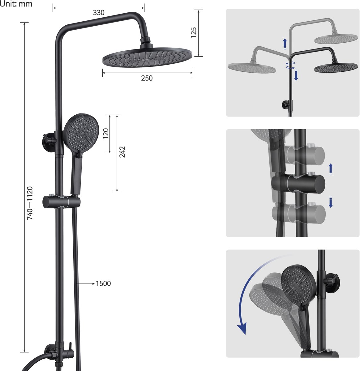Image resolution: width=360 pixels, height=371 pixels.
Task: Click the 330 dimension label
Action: (x=99, y=13)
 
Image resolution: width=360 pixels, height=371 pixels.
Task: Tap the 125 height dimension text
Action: (x=194, y=32)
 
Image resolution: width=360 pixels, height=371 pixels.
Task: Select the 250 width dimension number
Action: (x=147, y=78)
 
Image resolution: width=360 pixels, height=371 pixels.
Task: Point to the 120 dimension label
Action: (x=106, y=134)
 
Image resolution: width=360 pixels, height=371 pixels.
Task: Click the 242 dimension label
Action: (x=122, y=152)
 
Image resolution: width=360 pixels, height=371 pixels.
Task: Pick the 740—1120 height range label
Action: (x=30, y=203)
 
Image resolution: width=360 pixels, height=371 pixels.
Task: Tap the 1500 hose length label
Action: (x=103, y=284)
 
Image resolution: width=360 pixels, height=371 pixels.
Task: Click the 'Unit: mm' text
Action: (x=16, y=4)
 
